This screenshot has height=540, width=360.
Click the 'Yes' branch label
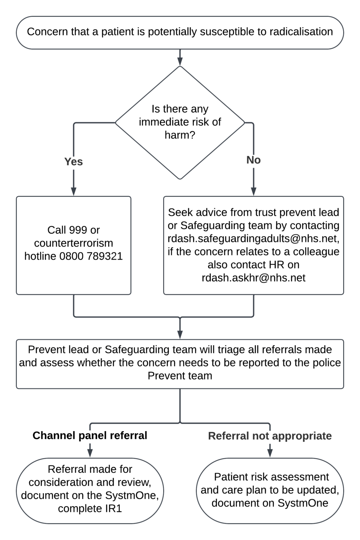[73, 161]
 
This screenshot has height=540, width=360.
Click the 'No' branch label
[253, 160]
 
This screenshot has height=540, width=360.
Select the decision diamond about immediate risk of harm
[180, 122]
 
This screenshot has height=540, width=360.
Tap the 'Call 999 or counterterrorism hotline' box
[73, 245]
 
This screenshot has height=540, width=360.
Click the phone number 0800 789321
[91, 256]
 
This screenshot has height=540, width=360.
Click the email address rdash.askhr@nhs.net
[253, 278]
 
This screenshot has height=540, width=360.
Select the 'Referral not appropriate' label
[270, 436]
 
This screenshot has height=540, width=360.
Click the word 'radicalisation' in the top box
[301, 32]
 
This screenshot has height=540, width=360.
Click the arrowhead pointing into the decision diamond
[180, 62]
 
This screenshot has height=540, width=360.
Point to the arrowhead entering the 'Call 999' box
[73, 191]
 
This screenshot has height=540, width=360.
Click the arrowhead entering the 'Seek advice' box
[253, 191]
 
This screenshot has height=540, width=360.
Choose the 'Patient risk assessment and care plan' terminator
[270, 490]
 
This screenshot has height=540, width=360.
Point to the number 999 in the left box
[78, 230]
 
